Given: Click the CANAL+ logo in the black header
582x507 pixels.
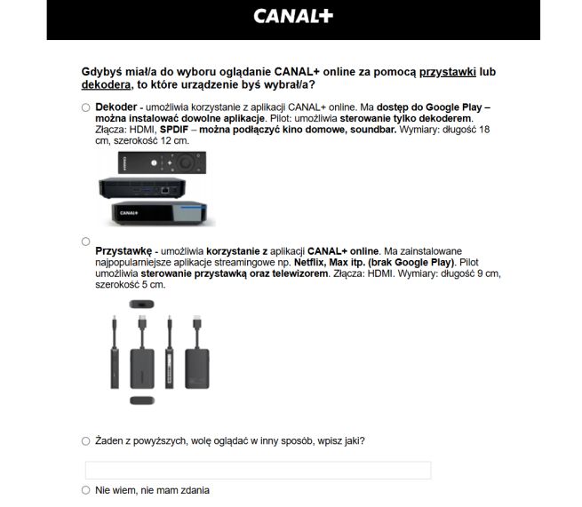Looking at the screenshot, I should point(292,16).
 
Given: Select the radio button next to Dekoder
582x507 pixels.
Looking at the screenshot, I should point(86,107).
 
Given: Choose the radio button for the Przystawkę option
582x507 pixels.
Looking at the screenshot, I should point(86,242).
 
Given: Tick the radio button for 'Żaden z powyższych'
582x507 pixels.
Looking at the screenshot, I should point(86,440).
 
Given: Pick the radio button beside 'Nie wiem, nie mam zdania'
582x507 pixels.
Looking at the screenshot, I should point(86,489).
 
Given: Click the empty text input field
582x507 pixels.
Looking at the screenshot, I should point(258,470).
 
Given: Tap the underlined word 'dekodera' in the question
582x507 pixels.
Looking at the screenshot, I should point(105,85).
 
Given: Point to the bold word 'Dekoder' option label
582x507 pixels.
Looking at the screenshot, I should point(116,107).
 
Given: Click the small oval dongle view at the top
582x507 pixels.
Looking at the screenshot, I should point(140,304).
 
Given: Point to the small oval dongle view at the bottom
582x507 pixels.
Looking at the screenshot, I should point(140,401).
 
